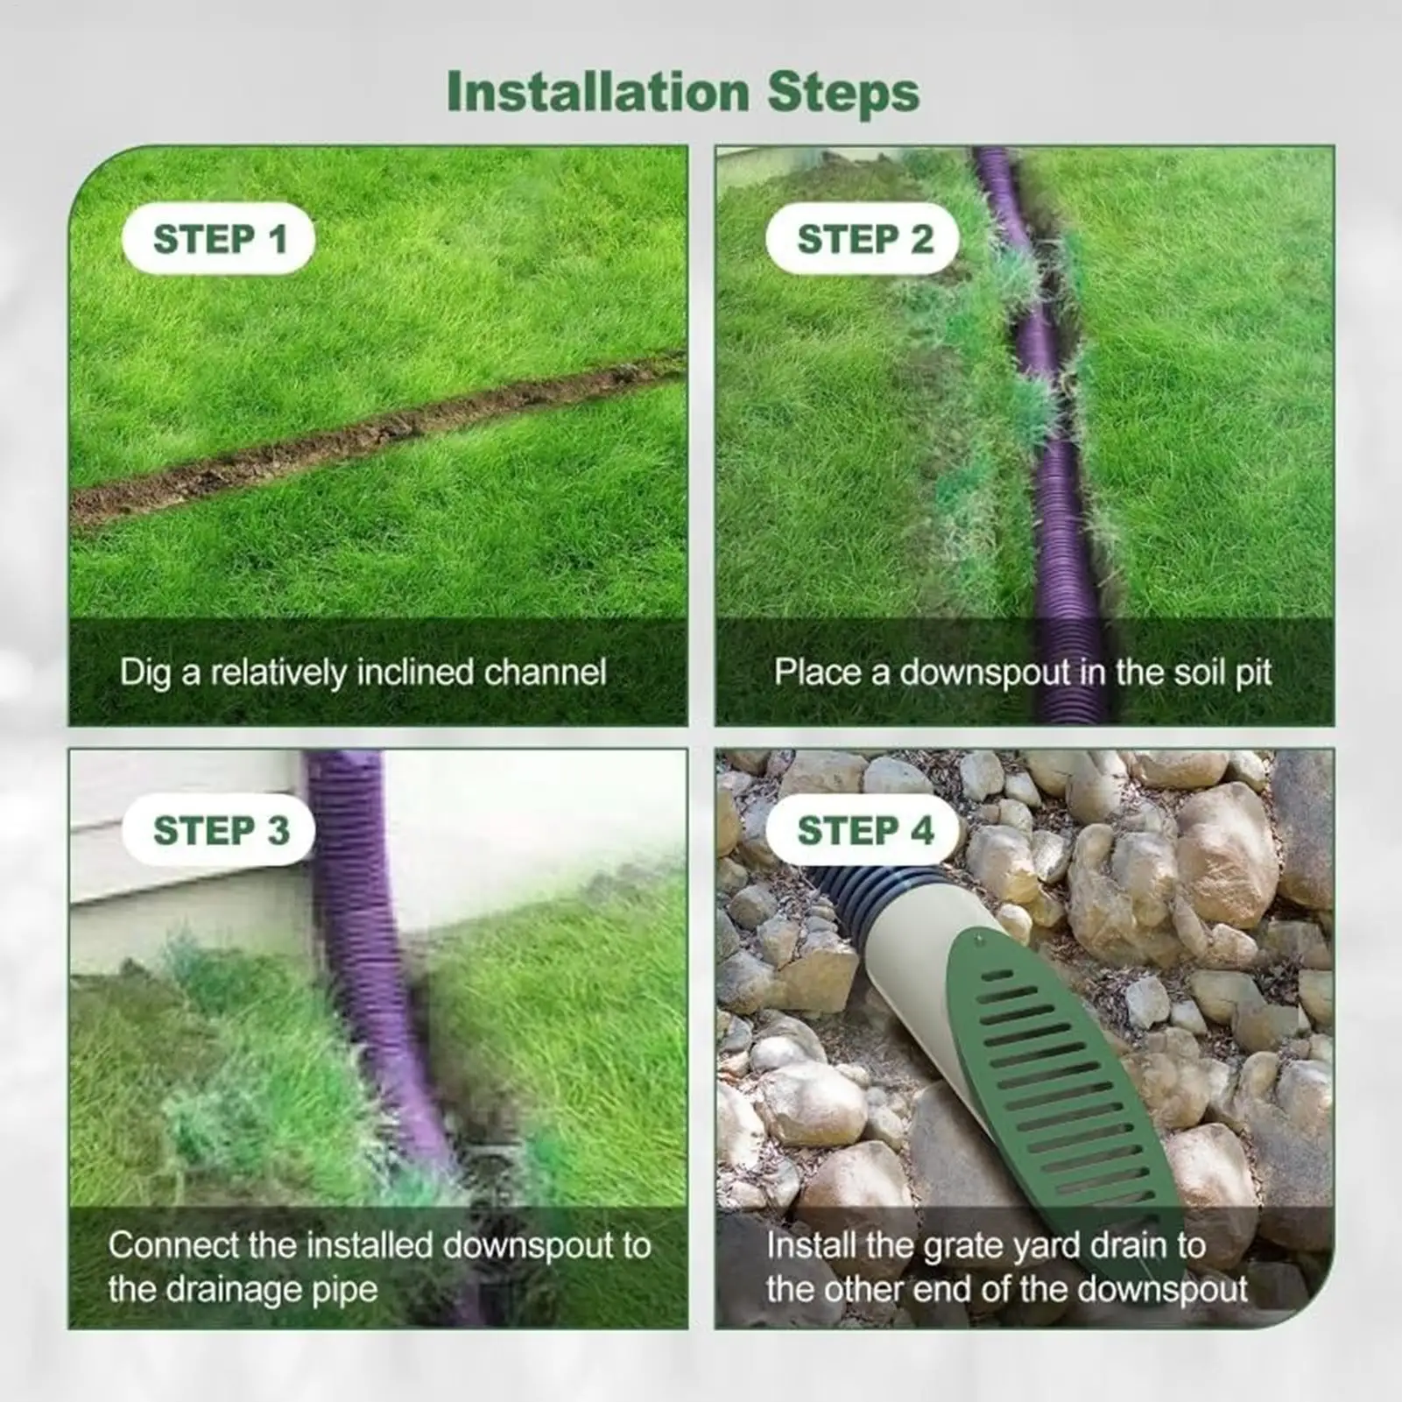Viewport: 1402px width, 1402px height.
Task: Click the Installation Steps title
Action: (683, 92)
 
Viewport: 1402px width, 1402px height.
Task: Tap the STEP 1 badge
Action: (219, 239)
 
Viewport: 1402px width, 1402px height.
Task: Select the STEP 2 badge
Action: (863, 239)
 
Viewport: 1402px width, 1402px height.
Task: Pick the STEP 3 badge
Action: (220, 830)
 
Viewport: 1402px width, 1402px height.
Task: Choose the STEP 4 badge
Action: (864, 830)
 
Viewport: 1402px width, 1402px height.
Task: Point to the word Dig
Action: (145, 673)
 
